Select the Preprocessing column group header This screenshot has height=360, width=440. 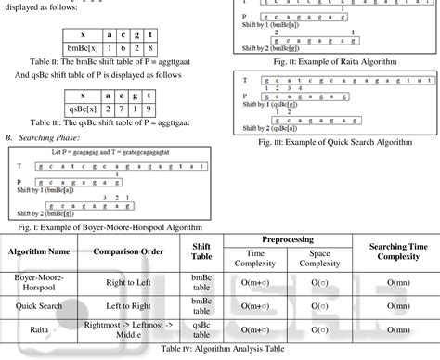point(287,238)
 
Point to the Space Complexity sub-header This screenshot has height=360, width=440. point(319,258)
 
